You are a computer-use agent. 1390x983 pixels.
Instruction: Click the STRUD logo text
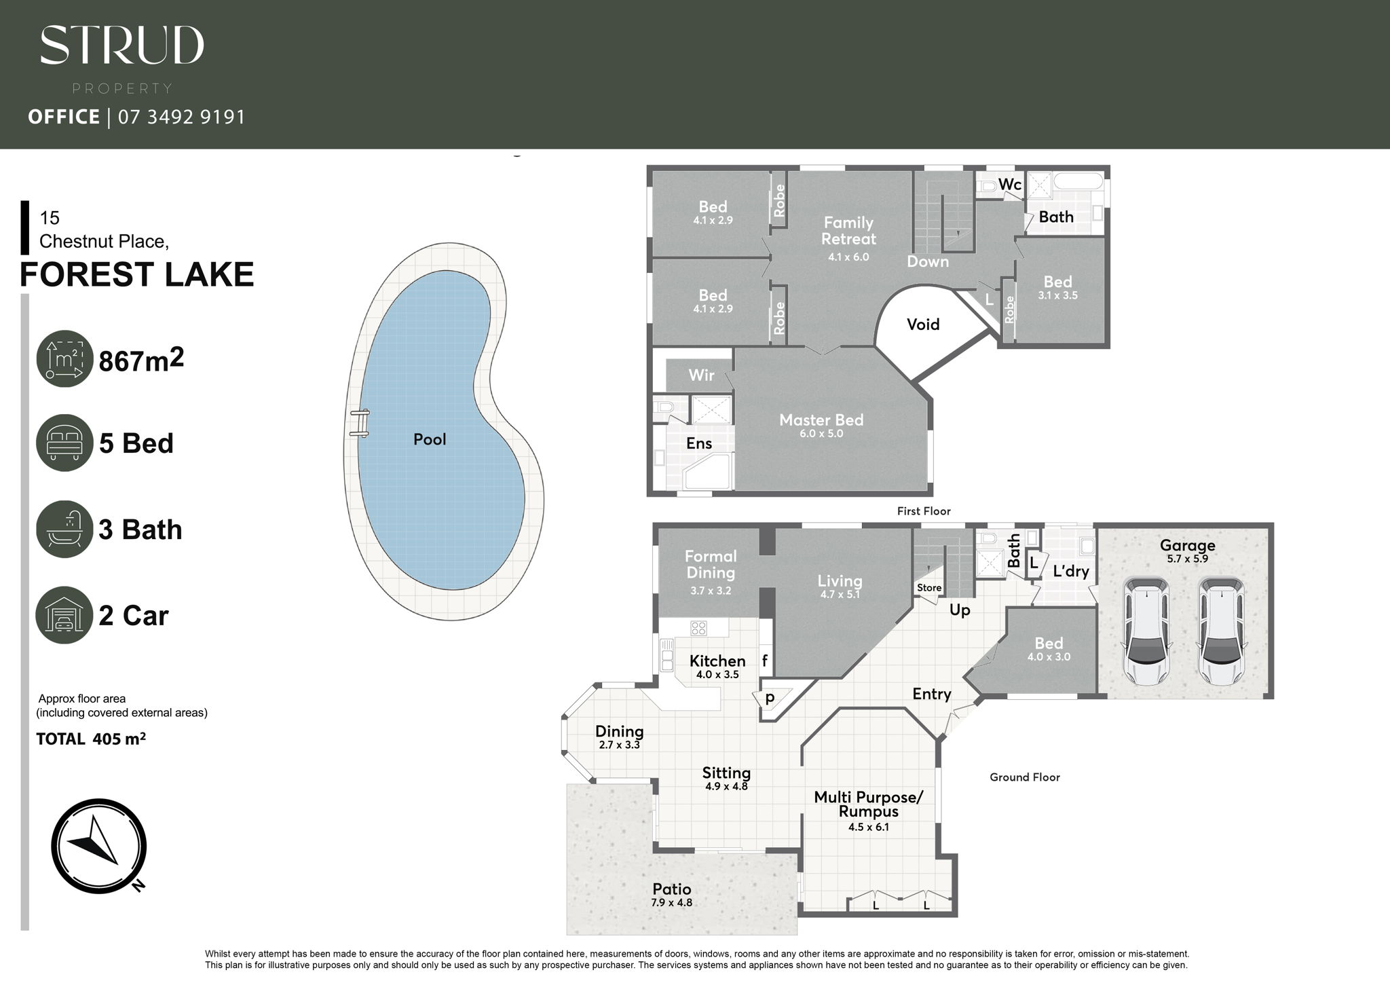point(122,45)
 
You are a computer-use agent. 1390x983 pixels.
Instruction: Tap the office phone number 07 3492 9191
point(182,117)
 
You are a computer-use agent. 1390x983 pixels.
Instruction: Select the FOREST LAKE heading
point(137,274)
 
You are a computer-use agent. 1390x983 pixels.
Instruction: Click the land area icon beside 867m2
point(64,358)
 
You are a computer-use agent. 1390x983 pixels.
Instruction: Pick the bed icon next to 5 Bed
point(64,443)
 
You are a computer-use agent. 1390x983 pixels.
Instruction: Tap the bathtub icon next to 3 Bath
point(64,529)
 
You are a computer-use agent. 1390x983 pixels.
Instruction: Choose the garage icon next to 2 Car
point(64,615)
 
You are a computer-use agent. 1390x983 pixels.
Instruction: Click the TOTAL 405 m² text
point(91,739)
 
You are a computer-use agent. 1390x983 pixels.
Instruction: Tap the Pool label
point(430,439)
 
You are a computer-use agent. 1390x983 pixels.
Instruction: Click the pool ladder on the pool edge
point(360,422)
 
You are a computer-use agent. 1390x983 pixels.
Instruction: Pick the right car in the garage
point(1222,631)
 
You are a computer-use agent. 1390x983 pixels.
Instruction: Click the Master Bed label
point(821,420)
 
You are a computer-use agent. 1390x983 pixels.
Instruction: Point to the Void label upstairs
point(923,324)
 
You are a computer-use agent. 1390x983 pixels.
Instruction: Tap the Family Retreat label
point(848,231)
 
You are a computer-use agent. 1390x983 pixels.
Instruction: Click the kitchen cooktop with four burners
point(698,627)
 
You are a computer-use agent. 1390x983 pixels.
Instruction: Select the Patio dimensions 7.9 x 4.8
point(671,903)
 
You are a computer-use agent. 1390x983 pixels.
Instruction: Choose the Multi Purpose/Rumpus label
point(869,804)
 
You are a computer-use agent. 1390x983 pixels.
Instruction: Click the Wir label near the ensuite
point(701,375)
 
